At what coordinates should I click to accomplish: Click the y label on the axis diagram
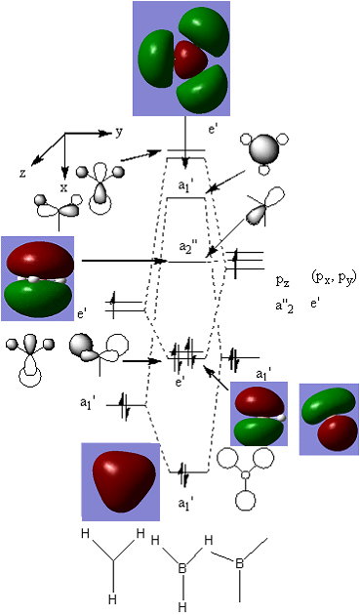pyautogui.click(x=119, y=133)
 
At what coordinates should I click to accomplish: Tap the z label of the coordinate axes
pyautogui.click(x=22, y=173)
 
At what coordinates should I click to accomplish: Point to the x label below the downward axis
pyautogui.click(x=63, y=187)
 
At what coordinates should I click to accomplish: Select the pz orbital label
pyautogui.click(x=282, y=281)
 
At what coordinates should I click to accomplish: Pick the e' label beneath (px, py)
pyautogui.click(x=314, y=304)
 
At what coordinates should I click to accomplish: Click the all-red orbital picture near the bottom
pyautogui.click(x=121, y=481)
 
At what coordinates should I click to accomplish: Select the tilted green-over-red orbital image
pyautogui.click(x=329, y=420)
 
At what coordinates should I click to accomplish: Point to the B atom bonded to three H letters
pyautogui.click(x=182, y=569)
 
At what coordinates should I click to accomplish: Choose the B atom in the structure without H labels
pyautogui.click(x=240, y=564)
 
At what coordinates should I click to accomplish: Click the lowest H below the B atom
pyautogui.click(x=182, y=607)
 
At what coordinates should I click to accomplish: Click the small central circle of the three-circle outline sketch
pyautogui.click(x=245, y=475)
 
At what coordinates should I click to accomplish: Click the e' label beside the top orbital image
pyautogui.click(x=213, y=130)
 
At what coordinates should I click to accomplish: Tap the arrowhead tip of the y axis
pyautogui.click(x=112, y=134)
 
